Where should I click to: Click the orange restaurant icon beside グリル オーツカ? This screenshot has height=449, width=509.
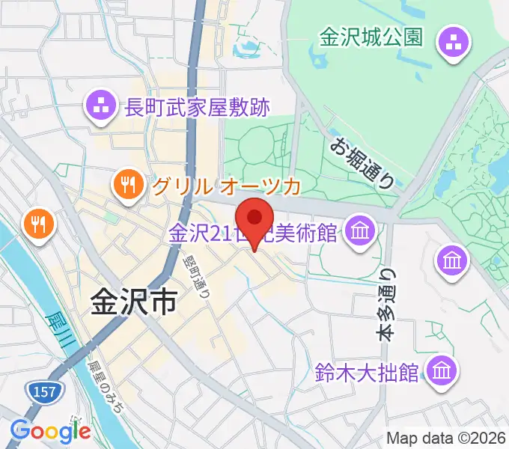[x=129, y=184]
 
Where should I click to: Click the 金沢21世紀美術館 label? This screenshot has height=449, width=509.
[x=253, y=233]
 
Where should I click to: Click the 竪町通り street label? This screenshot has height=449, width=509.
[x=197, y=272]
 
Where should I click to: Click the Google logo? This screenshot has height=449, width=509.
[x=51, y=430]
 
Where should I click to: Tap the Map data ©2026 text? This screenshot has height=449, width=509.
[x=445, y=438]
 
